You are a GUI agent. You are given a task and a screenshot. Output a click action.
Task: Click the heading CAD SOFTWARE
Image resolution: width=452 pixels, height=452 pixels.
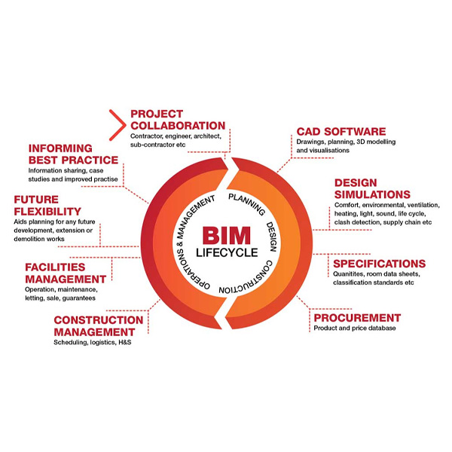(x=341, y=132)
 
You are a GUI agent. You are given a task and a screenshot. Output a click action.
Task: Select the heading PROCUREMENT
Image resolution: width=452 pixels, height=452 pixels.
(x=357, y=318)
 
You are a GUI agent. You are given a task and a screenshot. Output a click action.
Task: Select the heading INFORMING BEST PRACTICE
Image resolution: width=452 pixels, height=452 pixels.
(x=72, y=154)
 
